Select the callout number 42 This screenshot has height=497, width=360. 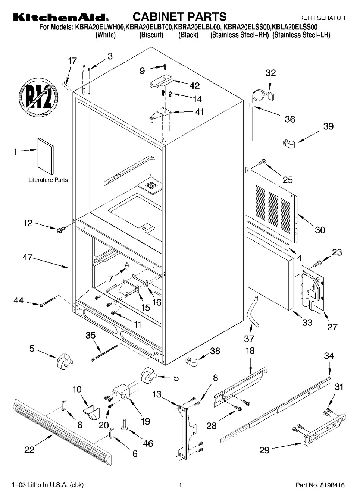[195, 85]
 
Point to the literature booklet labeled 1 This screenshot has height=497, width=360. [46, 156]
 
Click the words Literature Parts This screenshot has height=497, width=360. [48, 180]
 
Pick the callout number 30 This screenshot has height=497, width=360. [320, 230]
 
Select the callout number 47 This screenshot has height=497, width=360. [28, 257]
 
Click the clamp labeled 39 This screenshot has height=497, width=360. [289, 144]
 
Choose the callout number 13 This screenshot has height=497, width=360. [157, 394]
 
